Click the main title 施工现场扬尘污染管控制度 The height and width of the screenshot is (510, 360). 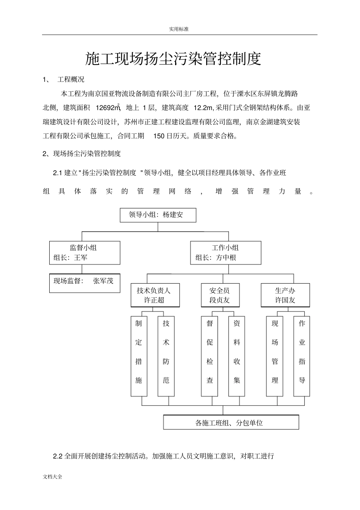[173, 59]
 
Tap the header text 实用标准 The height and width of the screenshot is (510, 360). [178, 29]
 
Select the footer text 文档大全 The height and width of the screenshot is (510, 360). [53, 477]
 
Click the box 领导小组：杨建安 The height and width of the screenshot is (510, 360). [158, 215]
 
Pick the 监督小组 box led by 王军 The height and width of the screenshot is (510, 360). [85, 253]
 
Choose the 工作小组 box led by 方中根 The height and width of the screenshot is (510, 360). [225, 253]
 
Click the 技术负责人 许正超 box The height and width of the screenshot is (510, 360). [155, 295]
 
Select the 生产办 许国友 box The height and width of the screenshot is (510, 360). [285, 295]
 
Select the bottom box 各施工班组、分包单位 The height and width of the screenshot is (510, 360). [231, 422]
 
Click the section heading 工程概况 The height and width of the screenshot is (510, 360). [71, 80]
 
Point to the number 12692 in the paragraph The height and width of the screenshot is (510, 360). [106, 108]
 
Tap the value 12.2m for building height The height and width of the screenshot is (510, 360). [203, 108]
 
